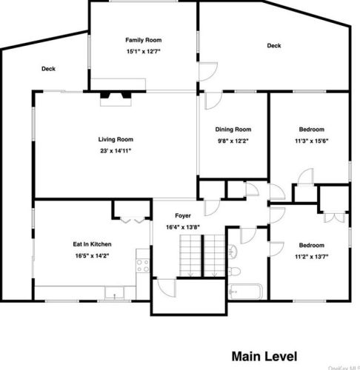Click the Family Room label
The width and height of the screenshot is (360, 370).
(x=144, y=40)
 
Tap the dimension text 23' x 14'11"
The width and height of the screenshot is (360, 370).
(x=116, y=151)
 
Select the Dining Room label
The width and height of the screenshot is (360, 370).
(x=233, y=129)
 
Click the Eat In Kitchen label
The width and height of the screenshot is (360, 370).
(x=92, y=244)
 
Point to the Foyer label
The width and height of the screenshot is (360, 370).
(x=183, y=215)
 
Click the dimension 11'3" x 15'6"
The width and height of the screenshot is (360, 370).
(x=312, y=141)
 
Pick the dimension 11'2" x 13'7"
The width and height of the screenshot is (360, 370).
(x=312, y=257)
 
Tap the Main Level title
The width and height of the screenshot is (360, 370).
(x=264, y=357)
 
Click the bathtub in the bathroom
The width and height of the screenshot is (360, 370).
(x=246, y=292)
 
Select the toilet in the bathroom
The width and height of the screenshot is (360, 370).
(x=234, y=272)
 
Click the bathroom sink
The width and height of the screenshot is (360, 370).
(x=233, y=252)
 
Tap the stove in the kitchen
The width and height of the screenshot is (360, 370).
(x=143, y=266)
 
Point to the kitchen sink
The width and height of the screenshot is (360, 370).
(x=114, y=293)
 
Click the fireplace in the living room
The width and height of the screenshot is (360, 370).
(x=116, y=98)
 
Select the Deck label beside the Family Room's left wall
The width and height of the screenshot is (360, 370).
(x=48, y=69)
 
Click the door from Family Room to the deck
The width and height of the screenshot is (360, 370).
(x=208, y=72)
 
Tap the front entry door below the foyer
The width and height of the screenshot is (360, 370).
(x=167, y=288)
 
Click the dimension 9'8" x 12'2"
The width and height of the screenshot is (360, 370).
(x=233, y=141)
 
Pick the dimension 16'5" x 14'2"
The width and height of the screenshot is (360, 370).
(x=92, y=256)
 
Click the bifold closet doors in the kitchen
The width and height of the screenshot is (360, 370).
(x=132, y=220)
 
